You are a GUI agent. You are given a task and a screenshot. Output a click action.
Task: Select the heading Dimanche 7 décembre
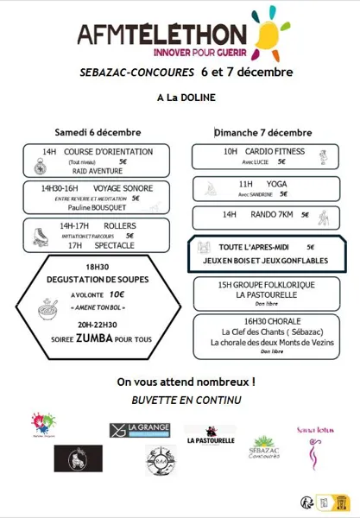(263, 132)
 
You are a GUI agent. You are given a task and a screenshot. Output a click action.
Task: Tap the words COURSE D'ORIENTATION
(108, 152)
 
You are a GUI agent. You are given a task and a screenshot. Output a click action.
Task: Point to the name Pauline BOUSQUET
(98, 207)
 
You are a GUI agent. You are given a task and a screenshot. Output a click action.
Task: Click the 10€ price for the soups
(117, 294)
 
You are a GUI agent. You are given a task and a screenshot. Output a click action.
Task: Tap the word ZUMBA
(95, 339)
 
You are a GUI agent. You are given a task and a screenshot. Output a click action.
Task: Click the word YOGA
(275, 184)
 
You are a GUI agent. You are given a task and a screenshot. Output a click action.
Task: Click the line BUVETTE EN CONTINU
(180, 400)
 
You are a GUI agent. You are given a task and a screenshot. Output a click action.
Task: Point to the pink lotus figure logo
(314, 447)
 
